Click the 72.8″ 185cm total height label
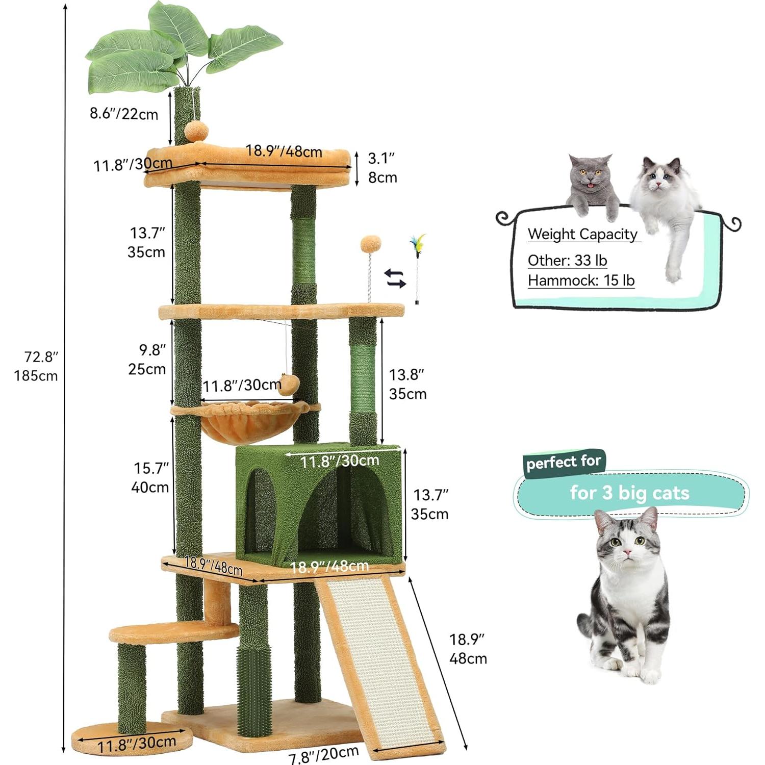(36, 366)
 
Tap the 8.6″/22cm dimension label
(124, 114)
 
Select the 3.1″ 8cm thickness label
(382, 168)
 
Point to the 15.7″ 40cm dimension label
(150, 477)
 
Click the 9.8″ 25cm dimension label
(147, 360)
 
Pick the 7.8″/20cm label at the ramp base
(324, 754)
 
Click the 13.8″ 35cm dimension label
(407, 384)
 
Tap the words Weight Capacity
(582, 234)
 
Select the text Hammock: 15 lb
(581, 280)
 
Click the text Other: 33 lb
(567, 261)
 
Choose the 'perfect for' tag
(564, 463)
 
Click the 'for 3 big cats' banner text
(629, 493)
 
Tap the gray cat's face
(592, 176)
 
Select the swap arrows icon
(395, 278)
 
